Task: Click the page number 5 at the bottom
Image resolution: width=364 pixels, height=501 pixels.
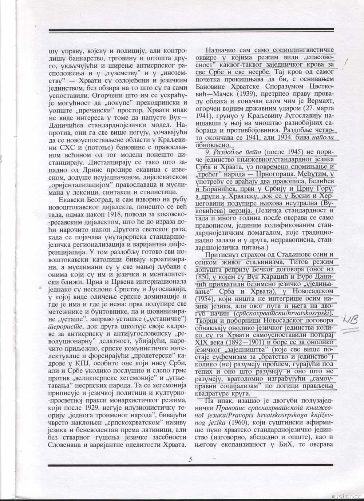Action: [x=190, y=459]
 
